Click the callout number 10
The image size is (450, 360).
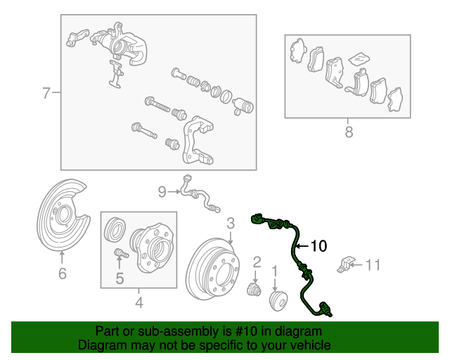pos(319,246)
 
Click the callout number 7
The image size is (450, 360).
pos(46,93)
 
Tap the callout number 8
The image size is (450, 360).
pos(349,132)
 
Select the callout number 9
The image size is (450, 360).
pos(162,191)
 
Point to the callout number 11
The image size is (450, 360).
pos(373,265)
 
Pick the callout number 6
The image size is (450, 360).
pos(63,274)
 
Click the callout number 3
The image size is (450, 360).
pos(231,224)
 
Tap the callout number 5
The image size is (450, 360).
pos(120,278)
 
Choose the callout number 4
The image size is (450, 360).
pos(139,302)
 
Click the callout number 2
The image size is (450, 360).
pos(257,262)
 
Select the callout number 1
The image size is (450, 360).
pos(275,271)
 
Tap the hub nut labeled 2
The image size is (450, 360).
pos(255,290)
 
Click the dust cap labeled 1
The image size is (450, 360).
pos(278,301)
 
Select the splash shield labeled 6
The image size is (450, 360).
pos(62,214)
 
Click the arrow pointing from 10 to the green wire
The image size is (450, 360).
pos(302,246)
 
